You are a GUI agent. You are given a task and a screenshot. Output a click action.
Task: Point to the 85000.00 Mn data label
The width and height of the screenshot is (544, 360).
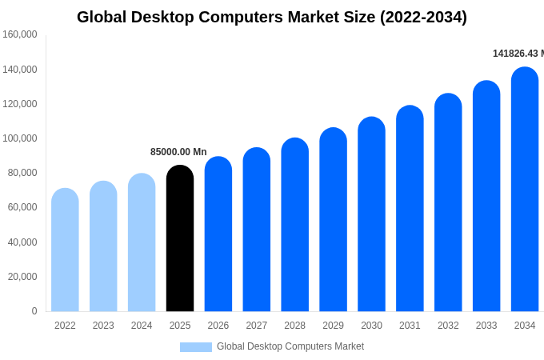click(178, 152)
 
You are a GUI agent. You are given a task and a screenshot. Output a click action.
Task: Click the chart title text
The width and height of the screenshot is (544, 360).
click(272, 17)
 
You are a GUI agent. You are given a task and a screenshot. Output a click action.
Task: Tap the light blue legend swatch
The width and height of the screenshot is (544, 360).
click(196, 347)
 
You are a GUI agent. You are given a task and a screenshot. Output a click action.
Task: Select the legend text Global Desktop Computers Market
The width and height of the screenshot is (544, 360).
click(290, 346)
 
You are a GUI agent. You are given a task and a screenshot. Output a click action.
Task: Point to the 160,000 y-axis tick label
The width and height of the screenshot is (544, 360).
click(20, 34)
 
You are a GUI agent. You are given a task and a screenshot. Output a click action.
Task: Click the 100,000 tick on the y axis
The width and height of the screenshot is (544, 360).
click(20, 138)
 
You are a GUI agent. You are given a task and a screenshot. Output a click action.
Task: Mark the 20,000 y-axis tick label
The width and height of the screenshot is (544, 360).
click(22, 277)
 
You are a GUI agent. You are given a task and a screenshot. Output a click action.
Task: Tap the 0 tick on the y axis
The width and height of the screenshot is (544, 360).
click(34, 311)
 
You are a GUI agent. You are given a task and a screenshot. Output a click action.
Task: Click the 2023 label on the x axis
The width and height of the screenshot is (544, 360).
click(103, 326)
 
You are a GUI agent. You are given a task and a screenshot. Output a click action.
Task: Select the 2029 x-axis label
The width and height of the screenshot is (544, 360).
click(333, 326)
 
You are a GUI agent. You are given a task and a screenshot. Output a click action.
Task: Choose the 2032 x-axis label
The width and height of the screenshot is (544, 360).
click(448, 326)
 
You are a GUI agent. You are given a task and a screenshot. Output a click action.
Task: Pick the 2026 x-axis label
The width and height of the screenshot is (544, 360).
click(218, 326)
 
